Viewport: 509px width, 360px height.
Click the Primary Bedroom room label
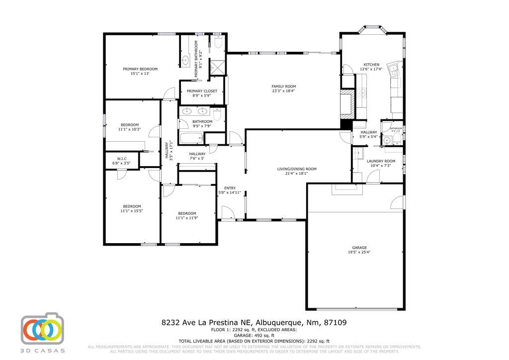140,69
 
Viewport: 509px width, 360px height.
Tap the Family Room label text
283,87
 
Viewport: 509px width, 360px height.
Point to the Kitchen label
371,65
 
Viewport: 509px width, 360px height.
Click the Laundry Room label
381,161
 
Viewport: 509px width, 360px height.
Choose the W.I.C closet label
122,159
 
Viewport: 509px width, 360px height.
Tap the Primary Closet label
202,91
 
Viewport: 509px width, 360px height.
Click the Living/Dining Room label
297,169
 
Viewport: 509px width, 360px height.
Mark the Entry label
230,188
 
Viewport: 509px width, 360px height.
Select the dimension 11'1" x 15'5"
132,211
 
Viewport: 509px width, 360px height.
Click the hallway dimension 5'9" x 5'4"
368,137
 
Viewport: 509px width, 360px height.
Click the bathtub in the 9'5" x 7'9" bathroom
189,138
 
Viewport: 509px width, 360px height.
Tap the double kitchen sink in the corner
395,70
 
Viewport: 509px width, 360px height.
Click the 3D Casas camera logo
42,329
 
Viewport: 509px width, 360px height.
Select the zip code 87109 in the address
336,322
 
